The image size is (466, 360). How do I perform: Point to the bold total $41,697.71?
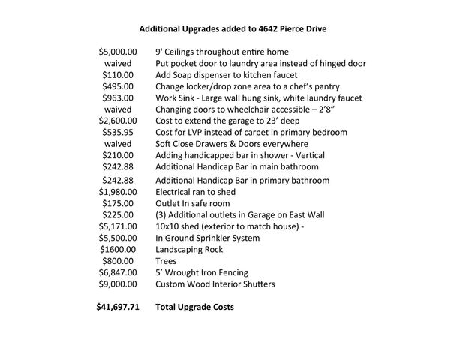tap(118, 307)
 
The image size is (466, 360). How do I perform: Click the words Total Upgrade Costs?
tap(194, 307)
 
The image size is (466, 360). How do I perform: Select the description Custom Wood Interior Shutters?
tap(215, 284)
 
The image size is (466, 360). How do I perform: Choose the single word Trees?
tap(166, 261)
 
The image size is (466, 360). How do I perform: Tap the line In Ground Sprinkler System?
tap(207, 238)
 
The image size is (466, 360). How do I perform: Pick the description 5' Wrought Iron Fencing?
tap(201, 272)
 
